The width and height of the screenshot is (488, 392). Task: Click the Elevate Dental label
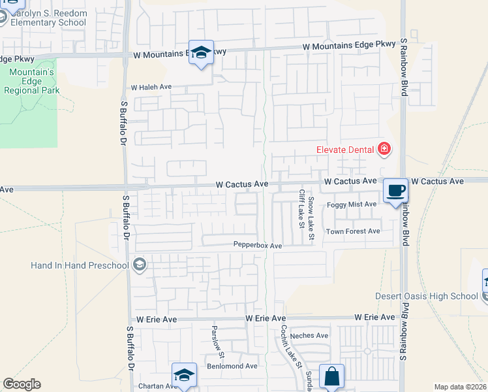pyautogui.click(x=345, y=150)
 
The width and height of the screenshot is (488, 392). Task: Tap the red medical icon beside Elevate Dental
pyautogui.click(x=384, y=150)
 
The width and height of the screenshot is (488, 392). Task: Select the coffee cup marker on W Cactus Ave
pyautogui.click(x=395, y=191)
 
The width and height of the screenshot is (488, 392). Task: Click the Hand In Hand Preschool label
pyautogui.click(x=80, y=265)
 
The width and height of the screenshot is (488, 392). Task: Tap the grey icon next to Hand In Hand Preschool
pyautogui.click(x=138, y=265)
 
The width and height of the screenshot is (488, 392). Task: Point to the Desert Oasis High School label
pyautogui.click(x=427, y=296)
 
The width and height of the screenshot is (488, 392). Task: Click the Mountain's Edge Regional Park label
pyautogui.click(x=31, y=81)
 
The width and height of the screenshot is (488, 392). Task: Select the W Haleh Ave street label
pyautogui.click(x=151, y=87)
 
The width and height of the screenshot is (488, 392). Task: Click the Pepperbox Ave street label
pyautogui.click(x=258, y=246)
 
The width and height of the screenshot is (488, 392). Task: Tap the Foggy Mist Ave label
pyautogui.click(x=352, y=204)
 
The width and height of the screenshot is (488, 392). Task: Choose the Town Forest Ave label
pyautogui.click(x=353, y=231)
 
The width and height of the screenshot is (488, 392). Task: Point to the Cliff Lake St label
pyautogui.click(x=301, y=209)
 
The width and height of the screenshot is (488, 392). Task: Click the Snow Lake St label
pyautogui.click(x=311, y=217)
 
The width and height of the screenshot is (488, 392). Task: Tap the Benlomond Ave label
pyautogui.click(x=232, y=366)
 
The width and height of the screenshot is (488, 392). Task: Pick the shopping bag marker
pyautogui.click(x=331, y=376)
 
